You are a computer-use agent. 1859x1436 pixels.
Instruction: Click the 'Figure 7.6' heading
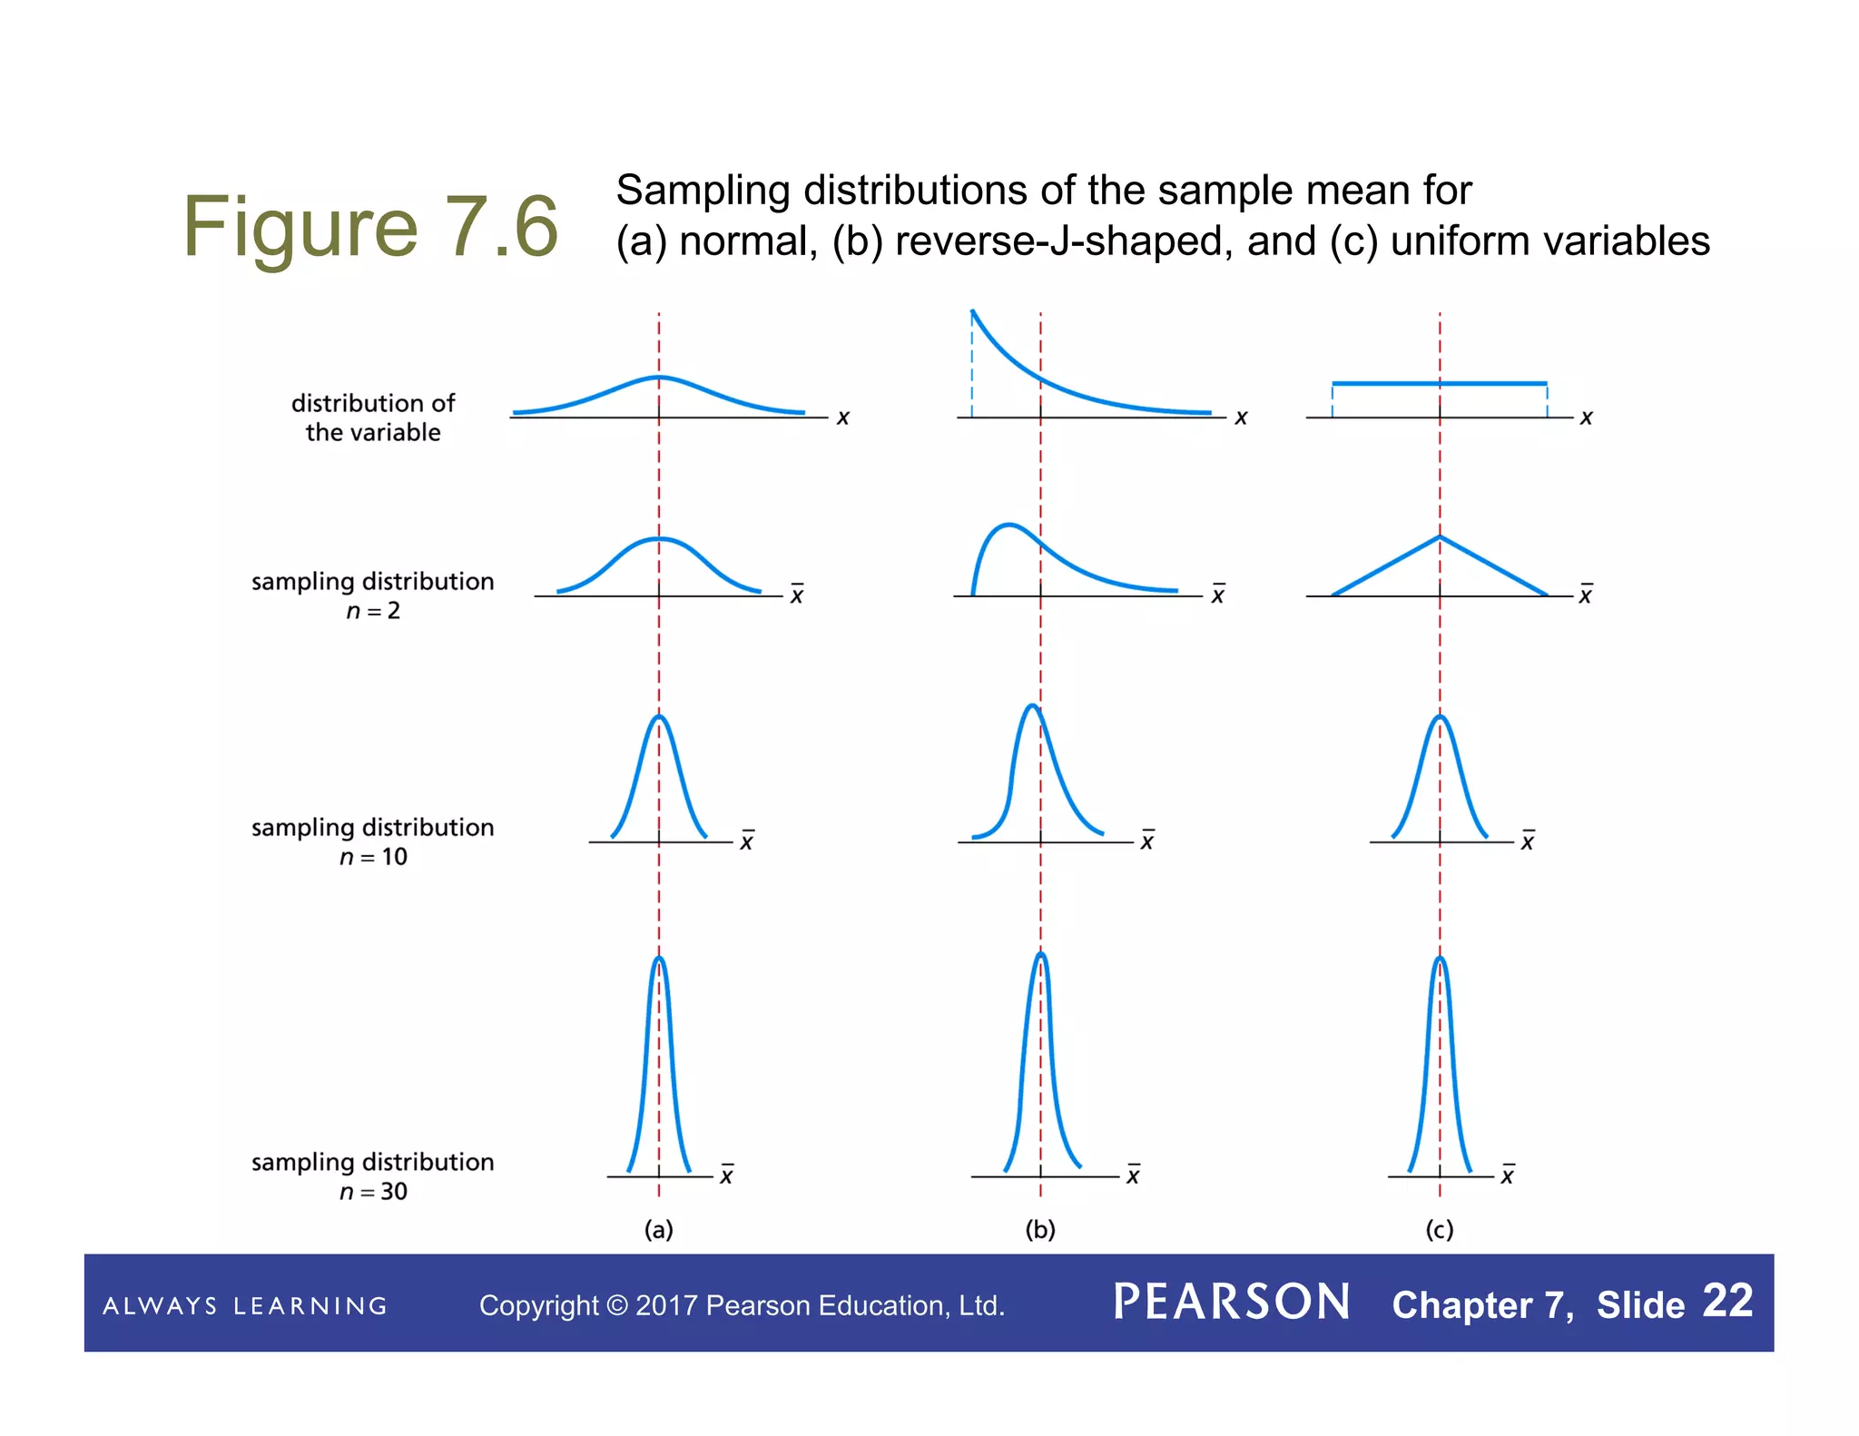[370, 227]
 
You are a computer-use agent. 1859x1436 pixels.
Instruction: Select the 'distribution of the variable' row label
[373, 418]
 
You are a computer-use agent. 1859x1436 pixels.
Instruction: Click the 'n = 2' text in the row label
[373, 611]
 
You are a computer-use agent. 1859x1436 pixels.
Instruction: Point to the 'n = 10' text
[373, 857]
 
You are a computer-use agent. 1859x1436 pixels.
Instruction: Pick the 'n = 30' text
[373, 1192]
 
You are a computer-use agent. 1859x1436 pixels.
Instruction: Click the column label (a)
[659, 1230]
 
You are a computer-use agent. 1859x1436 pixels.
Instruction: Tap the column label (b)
[1040, 1230]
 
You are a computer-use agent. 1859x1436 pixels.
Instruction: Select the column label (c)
[1440, 1230]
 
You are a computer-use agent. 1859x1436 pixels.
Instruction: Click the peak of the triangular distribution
[1440, 537]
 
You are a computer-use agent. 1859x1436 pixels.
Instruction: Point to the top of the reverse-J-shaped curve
[973, 312]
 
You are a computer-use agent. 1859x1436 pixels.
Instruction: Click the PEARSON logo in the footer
[1232, 1303]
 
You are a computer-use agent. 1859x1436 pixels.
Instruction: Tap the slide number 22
[1727, 1301]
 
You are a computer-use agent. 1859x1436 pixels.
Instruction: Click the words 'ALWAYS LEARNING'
[245, 1306]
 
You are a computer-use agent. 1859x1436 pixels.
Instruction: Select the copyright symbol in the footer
[617, 1305]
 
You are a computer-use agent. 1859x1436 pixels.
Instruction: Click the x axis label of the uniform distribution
[1586, 418]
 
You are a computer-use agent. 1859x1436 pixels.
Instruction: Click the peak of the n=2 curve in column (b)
[1008, 525]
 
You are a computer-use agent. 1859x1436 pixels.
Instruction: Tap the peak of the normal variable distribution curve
[659, 377]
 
